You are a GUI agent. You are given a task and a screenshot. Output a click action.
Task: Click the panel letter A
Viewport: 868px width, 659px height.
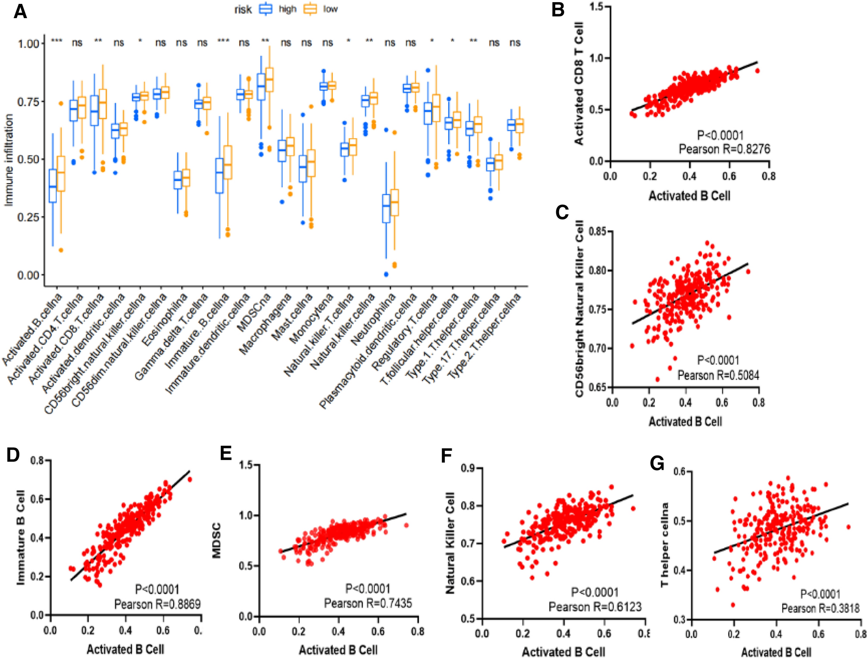click(x=20, y=12)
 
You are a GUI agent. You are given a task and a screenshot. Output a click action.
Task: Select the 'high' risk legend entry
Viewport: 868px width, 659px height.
click(x=287, y=9)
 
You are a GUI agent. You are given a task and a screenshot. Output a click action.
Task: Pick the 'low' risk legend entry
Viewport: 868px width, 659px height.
click(x=330, y=9)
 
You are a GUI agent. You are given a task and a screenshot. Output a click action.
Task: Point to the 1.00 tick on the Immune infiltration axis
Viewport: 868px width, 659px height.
click(x=29, y=44)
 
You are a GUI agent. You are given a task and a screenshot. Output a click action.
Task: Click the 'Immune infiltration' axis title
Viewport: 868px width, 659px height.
click(x=9, y=160)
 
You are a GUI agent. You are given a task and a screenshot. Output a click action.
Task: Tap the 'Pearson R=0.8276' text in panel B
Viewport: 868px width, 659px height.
click(x=724, y=149)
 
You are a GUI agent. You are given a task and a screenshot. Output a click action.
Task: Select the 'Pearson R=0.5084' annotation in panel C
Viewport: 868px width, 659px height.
click(x=718, y=375)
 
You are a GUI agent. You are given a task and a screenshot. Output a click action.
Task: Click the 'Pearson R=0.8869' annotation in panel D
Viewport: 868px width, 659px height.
click(x=157, y=604)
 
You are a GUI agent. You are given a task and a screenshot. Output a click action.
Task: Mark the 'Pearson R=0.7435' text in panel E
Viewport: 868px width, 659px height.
click(x=368, y=603)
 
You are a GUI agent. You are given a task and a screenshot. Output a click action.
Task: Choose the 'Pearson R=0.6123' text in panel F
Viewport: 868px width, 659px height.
click(x=595, y=607)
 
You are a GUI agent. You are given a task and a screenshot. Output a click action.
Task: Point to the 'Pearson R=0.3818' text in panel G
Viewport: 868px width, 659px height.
click(x=820, y=608)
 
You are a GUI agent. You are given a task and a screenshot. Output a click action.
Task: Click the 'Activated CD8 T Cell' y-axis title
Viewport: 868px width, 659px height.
click(x=579, y=83)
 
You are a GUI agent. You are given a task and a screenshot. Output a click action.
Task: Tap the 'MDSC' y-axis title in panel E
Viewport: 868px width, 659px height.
click(x=217, y=540)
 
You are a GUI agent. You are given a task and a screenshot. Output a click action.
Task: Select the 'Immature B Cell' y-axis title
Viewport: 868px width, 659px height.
click(x=20, y=538)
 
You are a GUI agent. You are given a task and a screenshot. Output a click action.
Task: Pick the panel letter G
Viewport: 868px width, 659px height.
click(x=657, y=463)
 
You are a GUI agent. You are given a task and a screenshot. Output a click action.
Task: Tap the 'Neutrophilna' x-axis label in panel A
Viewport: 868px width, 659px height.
click(x=374, y=320)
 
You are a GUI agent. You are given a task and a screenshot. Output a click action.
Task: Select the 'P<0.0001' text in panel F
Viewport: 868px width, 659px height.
click(x=595, y=592)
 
